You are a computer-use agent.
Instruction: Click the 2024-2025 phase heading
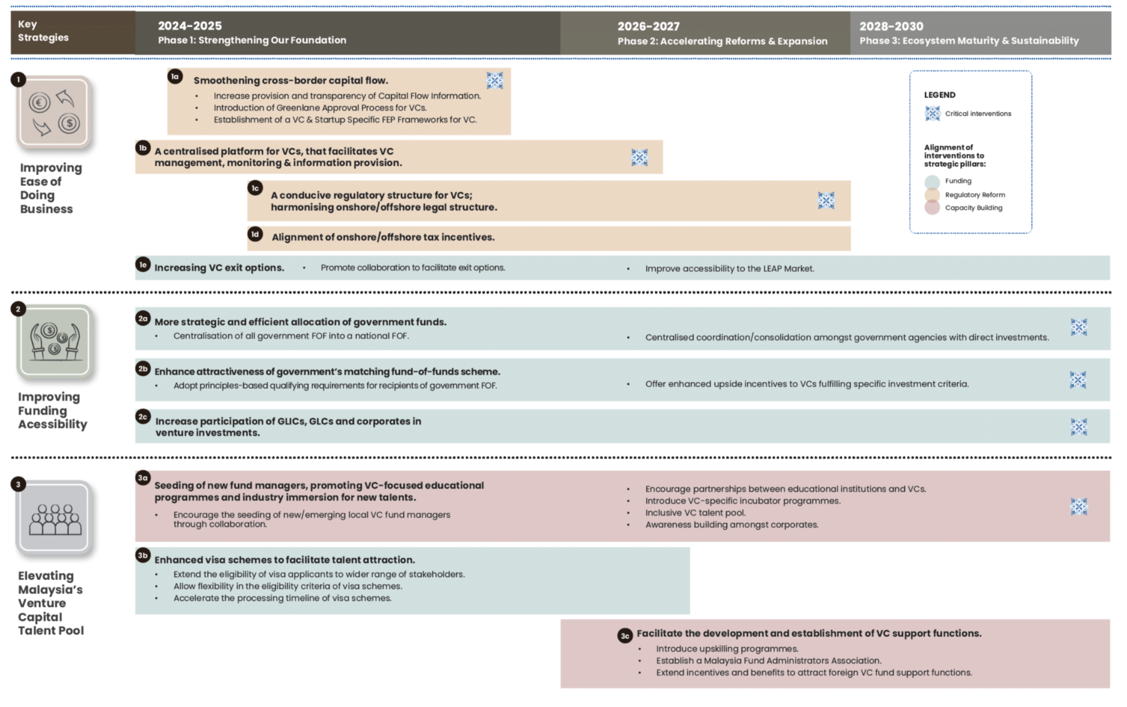[190, 26]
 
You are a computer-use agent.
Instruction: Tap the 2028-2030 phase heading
[891, 26]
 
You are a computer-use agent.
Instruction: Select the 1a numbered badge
[175, 76]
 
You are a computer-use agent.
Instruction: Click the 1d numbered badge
[255, 234]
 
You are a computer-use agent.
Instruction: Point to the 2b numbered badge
[143, 369]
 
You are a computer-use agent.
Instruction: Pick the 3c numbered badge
[625, 636]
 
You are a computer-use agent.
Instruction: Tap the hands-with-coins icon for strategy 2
[55, 341]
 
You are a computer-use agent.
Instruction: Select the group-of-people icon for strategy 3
[55, 518]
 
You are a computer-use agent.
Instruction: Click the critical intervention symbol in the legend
[932, 113]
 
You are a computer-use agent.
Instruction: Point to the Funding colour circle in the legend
[932, 182]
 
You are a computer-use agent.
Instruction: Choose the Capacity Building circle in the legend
[932, 208]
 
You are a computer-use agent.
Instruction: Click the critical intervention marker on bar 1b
[639, 157]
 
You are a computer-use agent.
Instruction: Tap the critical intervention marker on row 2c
[1078, 427]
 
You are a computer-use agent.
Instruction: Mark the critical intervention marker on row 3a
[1078, 507]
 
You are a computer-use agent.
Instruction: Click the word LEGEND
[939, 95]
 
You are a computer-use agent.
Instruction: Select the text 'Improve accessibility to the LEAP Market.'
[729, 269]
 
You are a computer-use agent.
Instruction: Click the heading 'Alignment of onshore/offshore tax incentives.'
[383, 237]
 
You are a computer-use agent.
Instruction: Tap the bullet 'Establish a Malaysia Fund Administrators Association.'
[768, 661]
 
